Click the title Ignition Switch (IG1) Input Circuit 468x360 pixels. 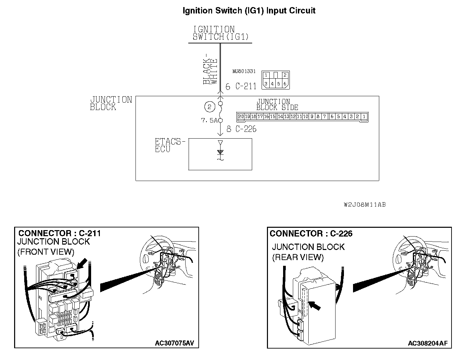[x=249, y=10]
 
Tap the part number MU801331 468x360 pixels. [x=244, y=71]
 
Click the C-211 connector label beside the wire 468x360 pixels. [x=246, y=86]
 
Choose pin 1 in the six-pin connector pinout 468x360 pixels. [x=266, y=75]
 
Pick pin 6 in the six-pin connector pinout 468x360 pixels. [x=285, y=84]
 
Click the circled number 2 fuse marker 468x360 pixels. [x=209, y=107]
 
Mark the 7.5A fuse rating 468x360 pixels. [x=209, y=120]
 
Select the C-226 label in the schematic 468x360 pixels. [x=246, y=129]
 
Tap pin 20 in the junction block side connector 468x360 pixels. [x=241, y=117]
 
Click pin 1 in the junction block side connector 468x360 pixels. [x=364, y=117]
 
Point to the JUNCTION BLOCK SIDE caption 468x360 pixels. [x=277, y=104]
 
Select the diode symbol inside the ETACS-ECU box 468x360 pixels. [x=220, y=152]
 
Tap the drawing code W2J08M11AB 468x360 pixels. [x=365, y=205]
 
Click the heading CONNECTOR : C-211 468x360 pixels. [x=60, y=233]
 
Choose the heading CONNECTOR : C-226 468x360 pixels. [x=311, y=233]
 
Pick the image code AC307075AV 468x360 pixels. [x=174, y=343]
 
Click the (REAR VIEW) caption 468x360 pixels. [x=298, y=257]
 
